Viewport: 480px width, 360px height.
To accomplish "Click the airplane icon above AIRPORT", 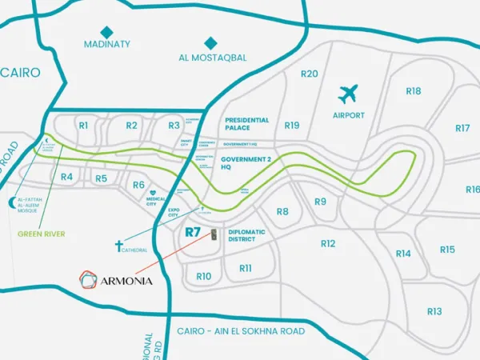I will point(348,94).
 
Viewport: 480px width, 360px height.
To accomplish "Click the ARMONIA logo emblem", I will point(88,279).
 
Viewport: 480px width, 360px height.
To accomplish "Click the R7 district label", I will point(192,233).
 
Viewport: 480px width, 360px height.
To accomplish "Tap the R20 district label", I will point(309,74).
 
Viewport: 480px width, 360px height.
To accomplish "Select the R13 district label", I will point(434,311).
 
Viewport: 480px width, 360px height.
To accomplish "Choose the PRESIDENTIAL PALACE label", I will point(247,125).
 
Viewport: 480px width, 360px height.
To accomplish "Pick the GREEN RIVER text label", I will point(42,234).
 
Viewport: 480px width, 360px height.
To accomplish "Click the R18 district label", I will point(413,91).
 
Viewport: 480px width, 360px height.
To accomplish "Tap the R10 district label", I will point(203,276).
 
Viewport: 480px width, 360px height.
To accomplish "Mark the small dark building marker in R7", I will point(214,234).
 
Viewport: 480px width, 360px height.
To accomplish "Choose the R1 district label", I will point(82,125).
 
